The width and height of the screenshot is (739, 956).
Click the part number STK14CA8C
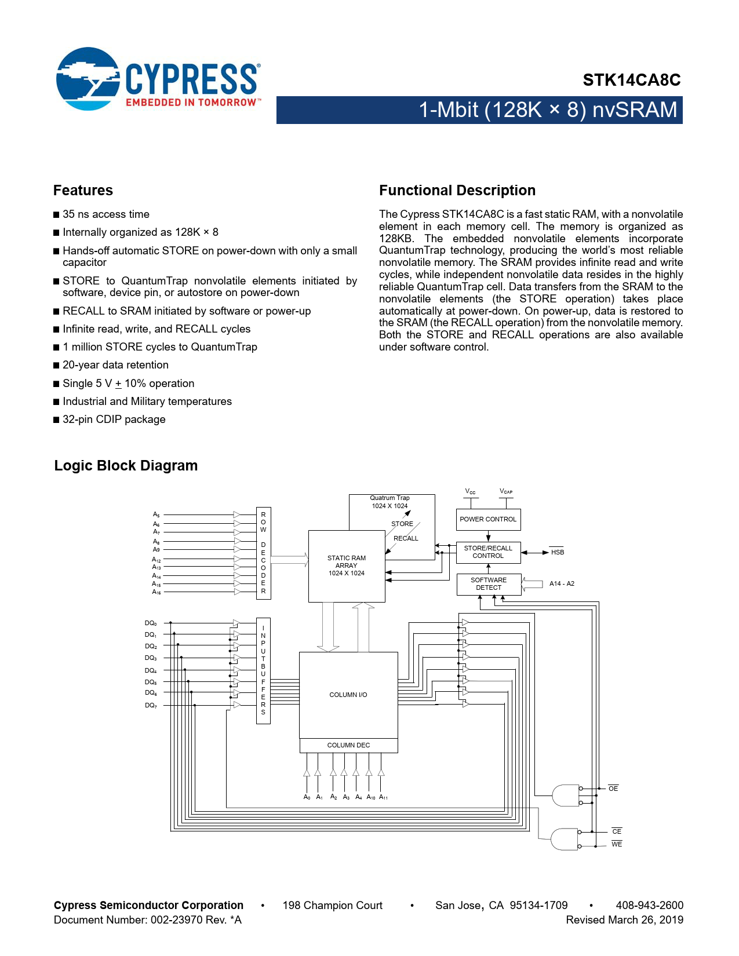click(x=631, y=80)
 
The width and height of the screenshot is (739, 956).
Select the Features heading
click(x=83, y=191)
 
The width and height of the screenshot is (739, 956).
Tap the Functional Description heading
click(x=457, y=191)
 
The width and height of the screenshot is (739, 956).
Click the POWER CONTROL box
click(x=488, y=519)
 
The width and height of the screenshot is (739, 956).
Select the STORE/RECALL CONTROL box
click(x=488, y=552)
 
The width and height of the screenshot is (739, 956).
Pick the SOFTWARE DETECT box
click(x=489, y=584)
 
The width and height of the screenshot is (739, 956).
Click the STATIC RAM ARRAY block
click(x=347, y=565)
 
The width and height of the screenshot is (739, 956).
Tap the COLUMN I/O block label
click(x=348, y=695)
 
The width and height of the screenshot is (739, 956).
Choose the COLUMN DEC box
click(x=348, y=745)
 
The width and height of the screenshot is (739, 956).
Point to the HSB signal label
click(x=558, y=552)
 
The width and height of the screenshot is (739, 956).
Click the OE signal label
click(x=613, y=789)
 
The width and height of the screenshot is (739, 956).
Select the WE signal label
click(x=617, y=844)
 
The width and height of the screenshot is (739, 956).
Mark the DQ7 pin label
click(x=151, y=705)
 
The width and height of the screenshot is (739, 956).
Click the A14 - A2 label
click(x=562, y=583)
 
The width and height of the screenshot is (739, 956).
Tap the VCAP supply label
click(x=506, y=491)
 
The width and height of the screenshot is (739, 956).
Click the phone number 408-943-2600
click(x=649, y=905)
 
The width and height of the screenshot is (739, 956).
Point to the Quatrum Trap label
click(x=389, y=498)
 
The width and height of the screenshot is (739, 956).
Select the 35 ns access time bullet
click(x=106, y=214)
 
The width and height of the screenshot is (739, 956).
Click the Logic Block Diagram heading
click(x=126, y=466)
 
